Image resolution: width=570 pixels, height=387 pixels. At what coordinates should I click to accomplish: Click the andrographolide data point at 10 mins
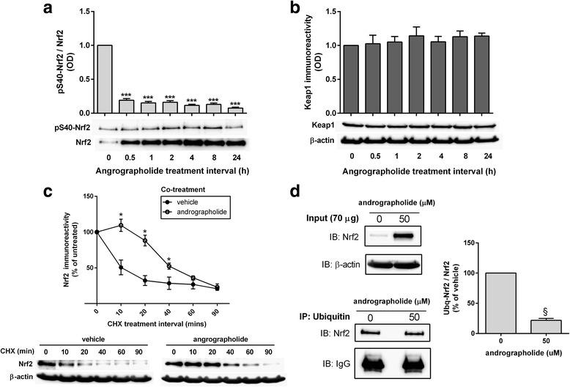point(119,226)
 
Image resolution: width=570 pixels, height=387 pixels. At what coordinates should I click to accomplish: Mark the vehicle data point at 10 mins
point(119,269)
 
